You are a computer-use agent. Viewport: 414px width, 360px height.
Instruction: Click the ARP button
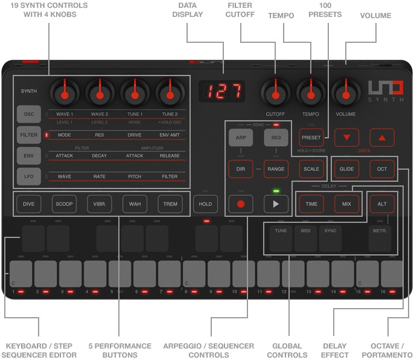tap(240, 138)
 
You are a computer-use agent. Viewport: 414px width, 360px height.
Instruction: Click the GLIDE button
tap(346, 169)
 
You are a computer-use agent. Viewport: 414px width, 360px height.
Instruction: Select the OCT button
tap(381, 169)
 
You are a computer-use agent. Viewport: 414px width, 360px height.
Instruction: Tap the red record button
tap(240, 204)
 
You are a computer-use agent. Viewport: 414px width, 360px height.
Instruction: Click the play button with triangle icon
tap(276, 204)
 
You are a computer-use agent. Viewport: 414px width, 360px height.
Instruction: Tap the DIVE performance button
tap(28, 204)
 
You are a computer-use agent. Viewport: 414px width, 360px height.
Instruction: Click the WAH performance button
tap(135, 204)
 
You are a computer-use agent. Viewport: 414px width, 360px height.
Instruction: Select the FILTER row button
tap(29, 135)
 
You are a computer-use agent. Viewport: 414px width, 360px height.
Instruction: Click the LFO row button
tap(29, 176)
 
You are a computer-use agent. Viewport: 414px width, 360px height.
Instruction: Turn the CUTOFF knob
tap(275, 93)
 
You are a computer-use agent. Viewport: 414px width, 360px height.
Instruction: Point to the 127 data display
tap(222, 92)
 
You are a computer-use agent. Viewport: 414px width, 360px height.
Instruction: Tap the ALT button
tap(381, 204)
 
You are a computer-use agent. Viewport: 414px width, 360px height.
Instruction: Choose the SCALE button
tap(311, 169)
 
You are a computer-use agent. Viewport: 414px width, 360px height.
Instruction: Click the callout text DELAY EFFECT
tap(336, 350)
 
